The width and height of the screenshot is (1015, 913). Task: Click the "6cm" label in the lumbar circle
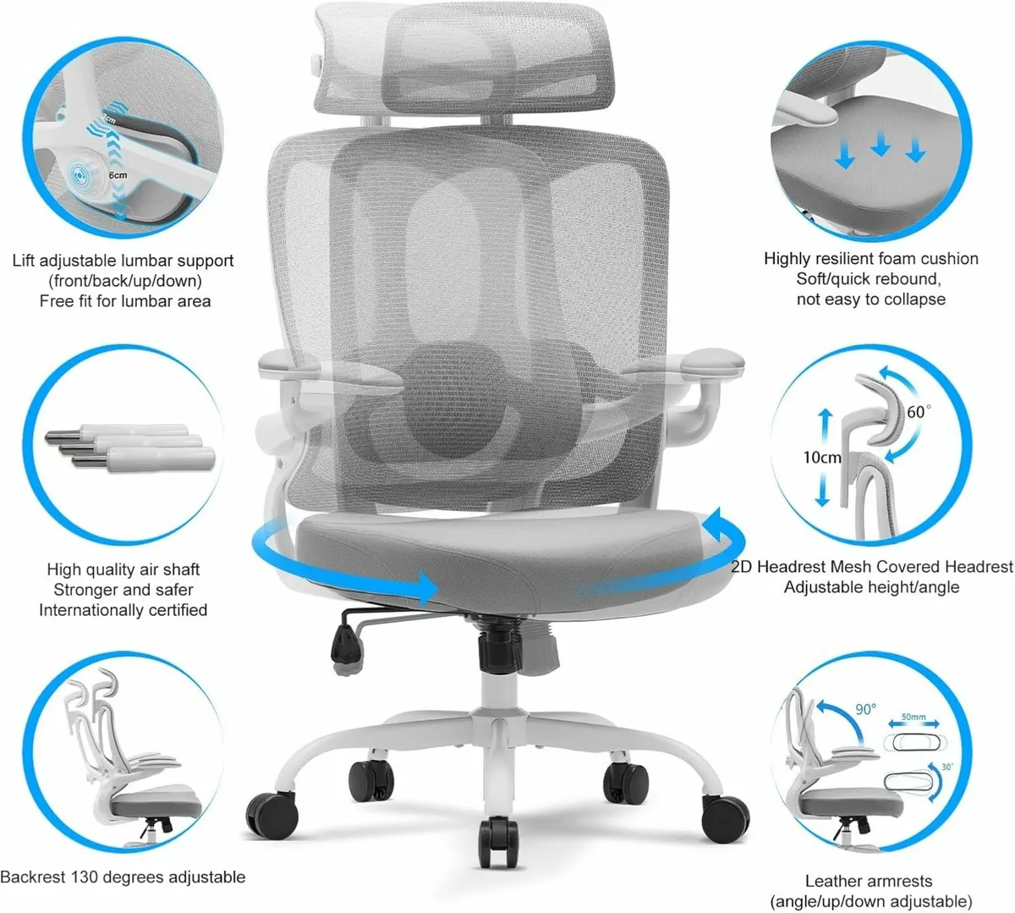pyautogui.click(x=118, y=175)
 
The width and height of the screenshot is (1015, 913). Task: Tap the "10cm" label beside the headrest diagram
pyautogui.click(x=821, y=457)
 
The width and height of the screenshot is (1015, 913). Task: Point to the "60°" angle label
pyautogui.click(x=918, y=411)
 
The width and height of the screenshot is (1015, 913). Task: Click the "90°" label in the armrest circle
pyautogui.click(x=865, y=708)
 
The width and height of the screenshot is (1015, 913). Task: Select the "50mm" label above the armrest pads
pyautogui.click(x=913, y=717)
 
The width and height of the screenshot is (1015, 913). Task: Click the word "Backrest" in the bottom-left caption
pyautogui.click(x=35, y=877)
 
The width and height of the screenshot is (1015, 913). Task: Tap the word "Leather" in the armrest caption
pyautogui.click(x=833, y=881)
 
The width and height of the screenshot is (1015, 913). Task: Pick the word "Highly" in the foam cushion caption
pyautogui.click(x=787, y=259)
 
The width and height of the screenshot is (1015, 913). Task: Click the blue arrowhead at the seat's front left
pyautogui.click(x=425, y=586)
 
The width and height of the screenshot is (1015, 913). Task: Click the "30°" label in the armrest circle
pyautogui.click(x=946, y=767)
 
